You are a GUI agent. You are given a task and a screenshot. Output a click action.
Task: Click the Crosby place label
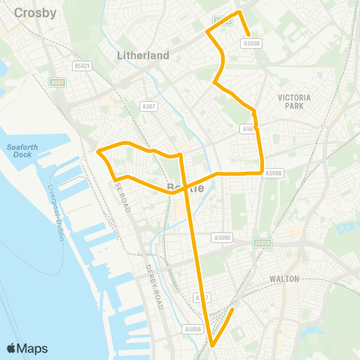[x=30, y=13]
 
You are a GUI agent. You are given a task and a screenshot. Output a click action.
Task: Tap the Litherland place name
[x=143, y=55]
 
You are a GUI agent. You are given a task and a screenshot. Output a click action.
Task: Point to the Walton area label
[x=284, y=278]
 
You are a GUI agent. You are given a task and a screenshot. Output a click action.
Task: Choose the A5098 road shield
[x=274, y=172]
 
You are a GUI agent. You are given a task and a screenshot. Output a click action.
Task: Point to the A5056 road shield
[x=193, y=328]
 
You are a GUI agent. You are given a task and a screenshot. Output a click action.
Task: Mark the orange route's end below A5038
[x=249, y=33]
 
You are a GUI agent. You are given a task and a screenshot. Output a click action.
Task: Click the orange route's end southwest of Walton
[x=233, y=309]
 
